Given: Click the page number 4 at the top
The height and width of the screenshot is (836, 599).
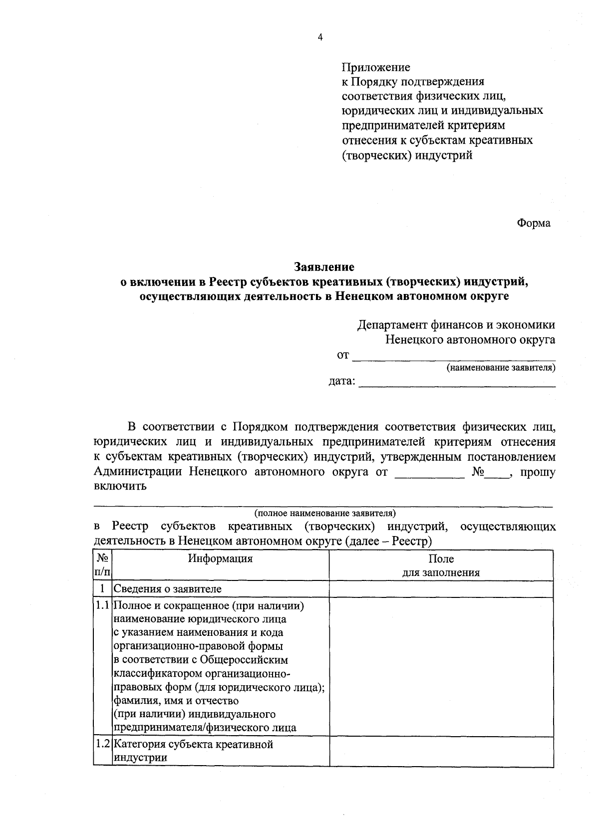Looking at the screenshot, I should [x=320, y=37].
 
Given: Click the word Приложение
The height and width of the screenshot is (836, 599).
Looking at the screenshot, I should [x=375, y=67].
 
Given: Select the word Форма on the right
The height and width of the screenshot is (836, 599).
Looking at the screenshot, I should [x=533, y=223].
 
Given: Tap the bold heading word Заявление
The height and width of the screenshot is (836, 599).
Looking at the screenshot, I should [x=324, y=267].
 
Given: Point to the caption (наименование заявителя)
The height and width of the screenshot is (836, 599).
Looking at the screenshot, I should [x=501, y=368].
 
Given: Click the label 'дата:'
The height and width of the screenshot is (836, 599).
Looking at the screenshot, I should [x=342, y=382].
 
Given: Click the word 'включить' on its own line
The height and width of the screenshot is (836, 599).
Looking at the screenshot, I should [x=120, y=486].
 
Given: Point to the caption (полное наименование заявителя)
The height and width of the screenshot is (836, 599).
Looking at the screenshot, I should [x=324, y=513].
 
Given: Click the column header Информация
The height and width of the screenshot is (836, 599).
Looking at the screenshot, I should [x=220, y=558].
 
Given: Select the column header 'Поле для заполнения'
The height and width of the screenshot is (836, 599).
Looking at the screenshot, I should [x=441, y=565].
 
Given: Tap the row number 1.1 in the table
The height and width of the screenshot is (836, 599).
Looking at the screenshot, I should [x=102, y=606].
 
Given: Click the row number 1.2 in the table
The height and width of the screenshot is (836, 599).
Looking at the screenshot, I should [x=102, y=744].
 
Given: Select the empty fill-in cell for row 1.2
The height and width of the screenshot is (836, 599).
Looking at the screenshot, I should [x=441, y=751].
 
